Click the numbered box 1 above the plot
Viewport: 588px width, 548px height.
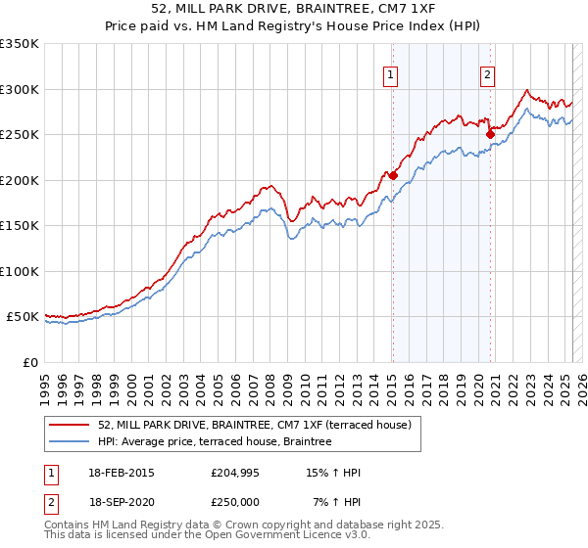pyautogui.click(x=391, y=75)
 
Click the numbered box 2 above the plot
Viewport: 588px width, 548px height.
pyautogui.click(x=487, y=75)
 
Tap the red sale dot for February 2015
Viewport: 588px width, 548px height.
pyautogui.click(x=393, y=176)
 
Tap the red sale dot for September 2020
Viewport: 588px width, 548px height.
pyautogui.click(x=490, y=135)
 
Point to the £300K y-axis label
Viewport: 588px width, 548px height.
pyautogui.click(x=20, y=89)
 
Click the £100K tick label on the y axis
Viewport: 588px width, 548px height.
pyautogui.click(x=20, y=271)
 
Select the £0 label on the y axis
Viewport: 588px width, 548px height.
pyautogui.click(x=29, y=362)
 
